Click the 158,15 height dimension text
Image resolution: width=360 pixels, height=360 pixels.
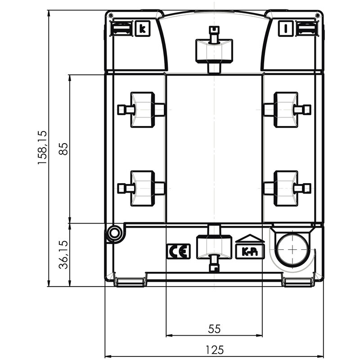(42, 148)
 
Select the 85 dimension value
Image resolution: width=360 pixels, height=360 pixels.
(63, 149)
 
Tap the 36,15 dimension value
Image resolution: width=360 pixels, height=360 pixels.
(63, 254)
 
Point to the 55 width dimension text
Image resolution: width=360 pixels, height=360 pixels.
(214, 329)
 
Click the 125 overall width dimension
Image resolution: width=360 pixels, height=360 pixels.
(214, 350)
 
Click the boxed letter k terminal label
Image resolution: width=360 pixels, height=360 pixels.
(143, 29)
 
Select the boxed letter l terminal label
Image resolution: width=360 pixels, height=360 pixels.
(286, 29)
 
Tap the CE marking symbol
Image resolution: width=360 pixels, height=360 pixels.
(178, 252)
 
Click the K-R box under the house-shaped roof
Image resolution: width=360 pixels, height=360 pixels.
(250, 252)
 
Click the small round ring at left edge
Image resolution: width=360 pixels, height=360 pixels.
(114, 234)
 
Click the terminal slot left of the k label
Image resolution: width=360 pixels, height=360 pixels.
(121, 28)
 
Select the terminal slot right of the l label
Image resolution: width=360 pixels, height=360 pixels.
(307, 28)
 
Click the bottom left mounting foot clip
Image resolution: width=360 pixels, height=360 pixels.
(130, 282)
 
